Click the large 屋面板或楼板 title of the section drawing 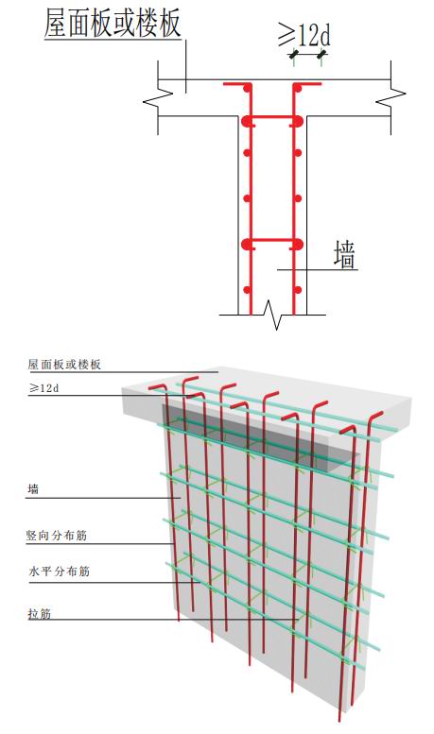pyautogui.click(x=113, y=24)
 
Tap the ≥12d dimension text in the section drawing pyautogui.click(x=304, y=34)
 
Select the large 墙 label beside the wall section pyautogui.click(x=344, y=255)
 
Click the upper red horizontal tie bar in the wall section pyautogui.click(x=272, y=116)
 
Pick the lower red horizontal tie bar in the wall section pyautogui.click(x=272, y=241)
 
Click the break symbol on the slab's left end pyautogui.click(x=158, y=98)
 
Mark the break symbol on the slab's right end pyautogui.click(x=391, y=98)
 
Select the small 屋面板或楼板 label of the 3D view pyautogui.click(x=64, y=365)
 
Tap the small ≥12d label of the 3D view pyautogui.click(x=43, y=388)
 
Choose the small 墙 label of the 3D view pyautogui.click(x=33, y=489)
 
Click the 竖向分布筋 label pyautogui.click(x=56, y=535)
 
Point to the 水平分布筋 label pyautogui.click(x=59, y=572)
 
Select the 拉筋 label pyautogui.click(x=40, y=613)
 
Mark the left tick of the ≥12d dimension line pyautogui.click(x=294, y=55)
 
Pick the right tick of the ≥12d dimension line pyautogui.click(x=321, y=55)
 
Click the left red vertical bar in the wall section pyautogui.click(x=251, y=201)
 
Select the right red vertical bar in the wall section pyautogui.click(x=294, y=201)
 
